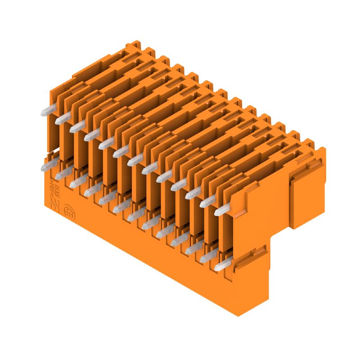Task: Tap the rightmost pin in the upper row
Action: click(221, 211)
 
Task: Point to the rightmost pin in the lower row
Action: click(220, 266)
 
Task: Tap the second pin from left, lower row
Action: click(62, 174)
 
